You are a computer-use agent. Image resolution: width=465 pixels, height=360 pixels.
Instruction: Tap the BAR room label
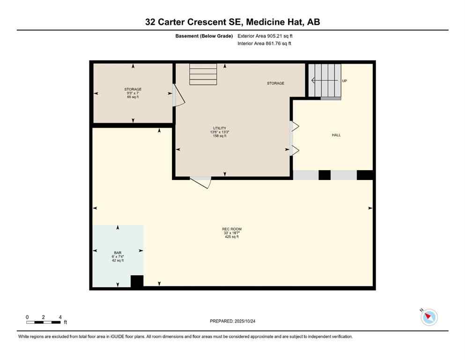pyautogui.click(x=118, y=252)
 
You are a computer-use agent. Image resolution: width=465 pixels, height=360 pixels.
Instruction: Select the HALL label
pyautogui.click(x=336, y=135)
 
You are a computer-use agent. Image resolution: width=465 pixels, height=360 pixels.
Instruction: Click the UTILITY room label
pyautogui.click(x=219, y=128)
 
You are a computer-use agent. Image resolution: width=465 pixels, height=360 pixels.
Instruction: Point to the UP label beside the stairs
pyautogui.click(x=345, y=81)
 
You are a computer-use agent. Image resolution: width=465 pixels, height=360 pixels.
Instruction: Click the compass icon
pyautogui.click(x=429, y=317)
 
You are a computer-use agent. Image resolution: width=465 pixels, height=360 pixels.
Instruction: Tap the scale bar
pyautogui.click(x=44, y=322)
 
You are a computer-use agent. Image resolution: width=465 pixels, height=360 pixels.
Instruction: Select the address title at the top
pyautogui.click(x=232, y=22)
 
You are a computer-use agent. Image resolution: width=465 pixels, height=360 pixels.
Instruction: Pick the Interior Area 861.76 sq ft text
pyautogui.click(x=265, y=44)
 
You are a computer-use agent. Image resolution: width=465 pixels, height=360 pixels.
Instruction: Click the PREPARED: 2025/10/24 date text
pyautogui.click(x=232, y=321)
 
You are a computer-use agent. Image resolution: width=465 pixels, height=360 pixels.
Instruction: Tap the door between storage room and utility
pyautogui.click(x=177, y=96)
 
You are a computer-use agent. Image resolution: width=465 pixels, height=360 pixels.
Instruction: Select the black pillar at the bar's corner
pyautogui.click(x=137, y=281)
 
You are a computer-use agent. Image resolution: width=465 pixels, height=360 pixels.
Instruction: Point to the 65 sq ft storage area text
pyautogui.click(x=133, y=97)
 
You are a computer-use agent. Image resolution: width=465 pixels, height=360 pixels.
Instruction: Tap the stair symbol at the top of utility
pyautogui.click(x=203, y=74)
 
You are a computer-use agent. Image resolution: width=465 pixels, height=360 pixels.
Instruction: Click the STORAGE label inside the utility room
pyautogui.click(x=275, y=83)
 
